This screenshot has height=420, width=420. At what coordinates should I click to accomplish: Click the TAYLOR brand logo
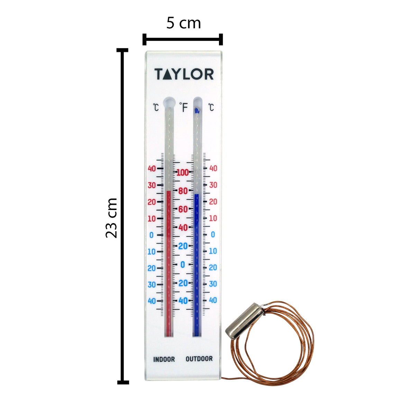184,74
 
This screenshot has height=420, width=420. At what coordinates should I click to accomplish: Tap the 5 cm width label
183,23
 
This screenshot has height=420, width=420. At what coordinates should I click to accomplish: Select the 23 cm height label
111,218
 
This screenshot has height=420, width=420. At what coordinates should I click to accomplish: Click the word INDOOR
164,359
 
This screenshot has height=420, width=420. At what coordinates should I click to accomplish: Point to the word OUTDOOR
199,359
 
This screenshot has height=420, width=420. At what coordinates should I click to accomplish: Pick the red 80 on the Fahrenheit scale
183,191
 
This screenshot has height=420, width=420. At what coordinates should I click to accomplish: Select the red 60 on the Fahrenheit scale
183,209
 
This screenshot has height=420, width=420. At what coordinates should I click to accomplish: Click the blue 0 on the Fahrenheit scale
183,265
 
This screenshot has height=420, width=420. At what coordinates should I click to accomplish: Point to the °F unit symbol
183,107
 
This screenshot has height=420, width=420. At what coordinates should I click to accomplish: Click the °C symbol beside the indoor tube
156,107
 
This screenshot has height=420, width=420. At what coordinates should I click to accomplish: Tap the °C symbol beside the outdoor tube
211,107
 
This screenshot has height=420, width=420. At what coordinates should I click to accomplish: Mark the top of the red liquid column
168,191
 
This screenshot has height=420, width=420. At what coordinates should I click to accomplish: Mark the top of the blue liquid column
197,194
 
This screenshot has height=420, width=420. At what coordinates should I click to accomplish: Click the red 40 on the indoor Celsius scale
152,168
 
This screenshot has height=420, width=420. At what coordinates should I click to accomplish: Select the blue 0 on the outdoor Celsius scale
213,235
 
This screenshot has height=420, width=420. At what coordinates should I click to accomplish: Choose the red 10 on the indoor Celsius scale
152,219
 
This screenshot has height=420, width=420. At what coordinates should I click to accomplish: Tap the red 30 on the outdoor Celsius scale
213,185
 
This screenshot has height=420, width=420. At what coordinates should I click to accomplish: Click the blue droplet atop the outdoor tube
197,111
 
